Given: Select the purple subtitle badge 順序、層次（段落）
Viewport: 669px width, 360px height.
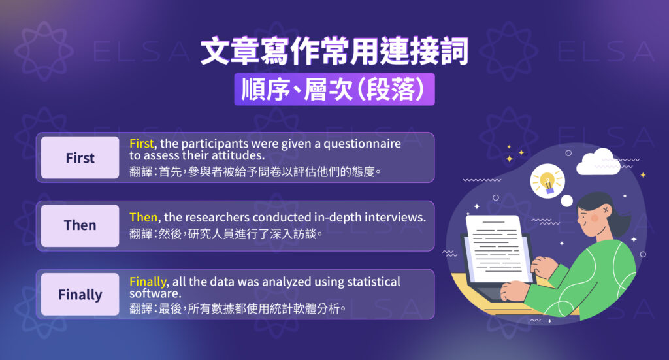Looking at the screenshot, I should tap(334, 90).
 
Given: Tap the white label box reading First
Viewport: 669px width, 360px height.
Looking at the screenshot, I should tap(80, 158).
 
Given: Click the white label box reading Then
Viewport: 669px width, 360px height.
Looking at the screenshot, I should tap(80, 225).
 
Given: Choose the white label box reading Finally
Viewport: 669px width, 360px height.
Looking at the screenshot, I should tap(80, 295).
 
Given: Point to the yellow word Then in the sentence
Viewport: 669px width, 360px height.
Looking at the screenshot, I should tap(143, 217).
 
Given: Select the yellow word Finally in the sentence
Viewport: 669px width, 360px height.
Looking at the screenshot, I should tap(148, 282).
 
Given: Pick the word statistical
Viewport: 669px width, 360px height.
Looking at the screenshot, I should tap(368, 282).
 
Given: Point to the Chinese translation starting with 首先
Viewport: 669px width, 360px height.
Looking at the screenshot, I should tap(255, 172).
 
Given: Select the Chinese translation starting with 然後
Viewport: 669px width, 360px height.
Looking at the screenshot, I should tap(226, 233).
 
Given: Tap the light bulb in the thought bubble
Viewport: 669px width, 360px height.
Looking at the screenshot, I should tap(547, 180).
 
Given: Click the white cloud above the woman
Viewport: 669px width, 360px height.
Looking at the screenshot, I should tap(597, 160).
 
